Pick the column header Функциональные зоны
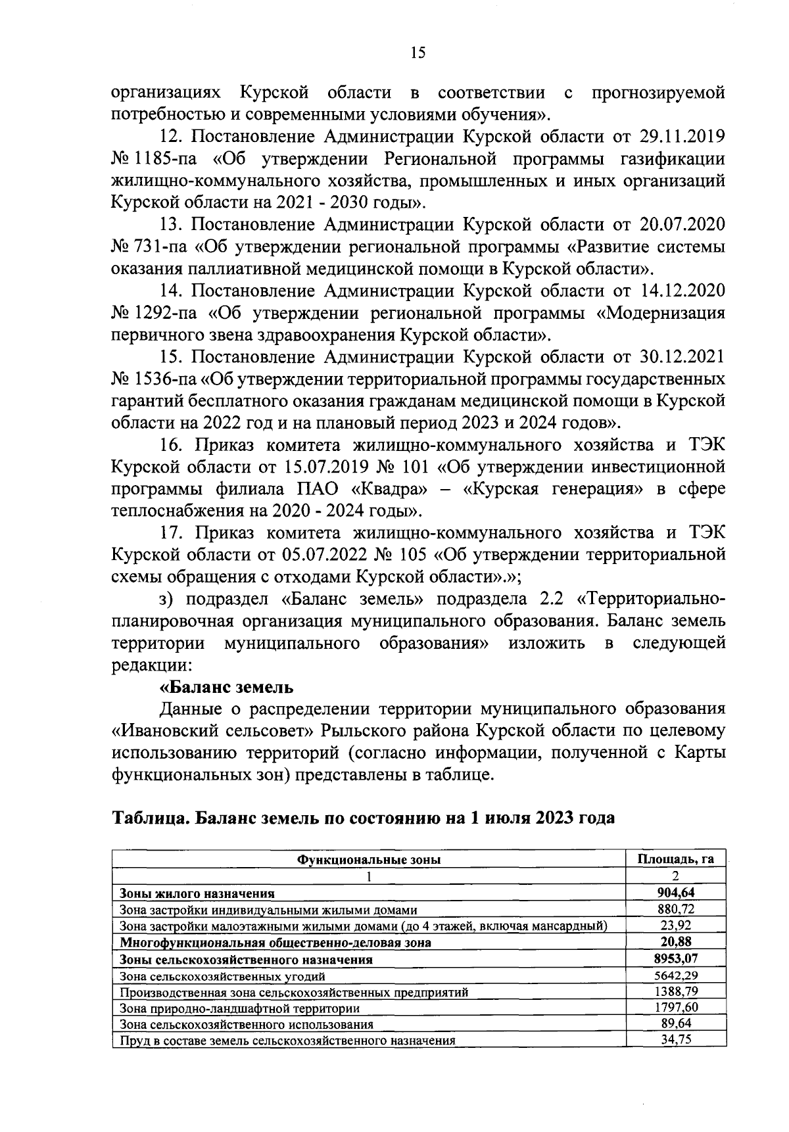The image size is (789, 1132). pos(369,860)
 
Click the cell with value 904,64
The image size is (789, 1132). pos(675,893)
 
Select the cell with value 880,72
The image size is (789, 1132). pos(675,909)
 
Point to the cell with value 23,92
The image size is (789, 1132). pos(675,926)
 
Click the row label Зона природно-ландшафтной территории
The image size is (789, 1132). pos(239,1008)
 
